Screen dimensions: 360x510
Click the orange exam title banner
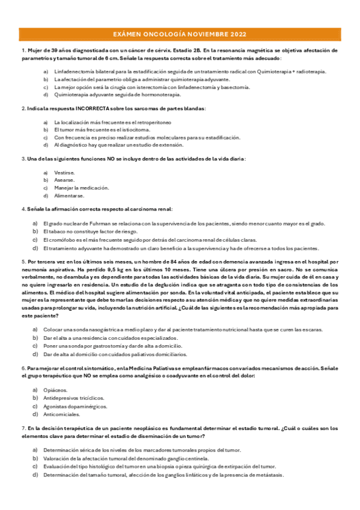(180, 34)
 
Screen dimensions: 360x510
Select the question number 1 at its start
(22, 51)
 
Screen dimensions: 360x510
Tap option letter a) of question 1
(46, 71)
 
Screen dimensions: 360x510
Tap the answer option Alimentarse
(69, 195)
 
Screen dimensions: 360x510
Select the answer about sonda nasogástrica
(180, 330)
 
